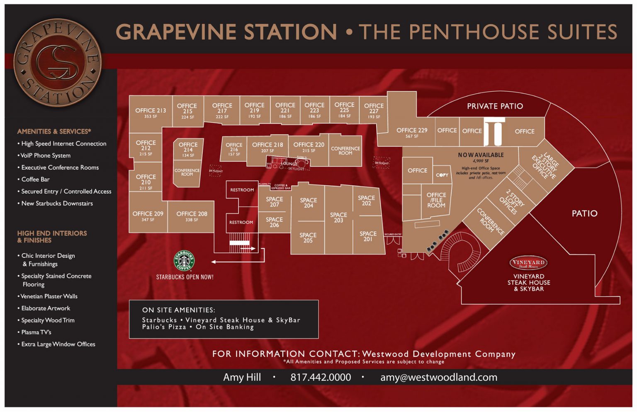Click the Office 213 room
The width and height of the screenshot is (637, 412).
[150, 113]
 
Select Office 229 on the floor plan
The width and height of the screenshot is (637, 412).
[411, 132]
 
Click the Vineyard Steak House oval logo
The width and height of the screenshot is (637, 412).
[528, 263]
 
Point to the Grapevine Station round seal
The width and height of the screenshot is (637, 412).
[57, 62]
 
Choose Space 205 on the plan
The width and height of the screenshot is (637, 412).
[308, 238]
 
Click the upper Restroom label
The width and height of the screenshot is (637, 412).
[242, 190]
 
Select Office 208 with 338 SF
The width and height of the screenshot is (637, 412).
[192, 216]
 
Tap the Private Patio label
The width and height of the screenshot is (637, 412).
[495, 106]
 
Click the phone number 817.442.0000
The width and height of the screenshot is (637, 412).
[321, 377]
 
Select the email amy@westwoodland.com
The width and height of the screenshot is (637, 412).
[439, 377]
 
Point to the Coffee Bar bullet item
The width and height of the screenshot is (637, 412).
[35, 179]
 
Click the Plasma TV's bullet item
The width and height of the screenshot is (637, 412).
[36, 332]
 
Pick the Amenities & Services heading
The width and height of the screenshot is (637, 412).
[54, 131]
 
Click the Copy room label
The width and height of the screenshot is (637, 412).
[442, 175]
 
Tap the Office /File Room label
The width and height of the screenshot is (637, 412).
[436, 200]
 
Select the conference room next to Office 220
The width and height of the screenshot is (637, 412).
[345, 150]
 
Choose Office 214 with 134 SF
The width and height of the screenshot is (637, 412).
[188, 149]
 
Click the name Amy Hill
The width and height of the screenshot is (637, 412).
[242, 377]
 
